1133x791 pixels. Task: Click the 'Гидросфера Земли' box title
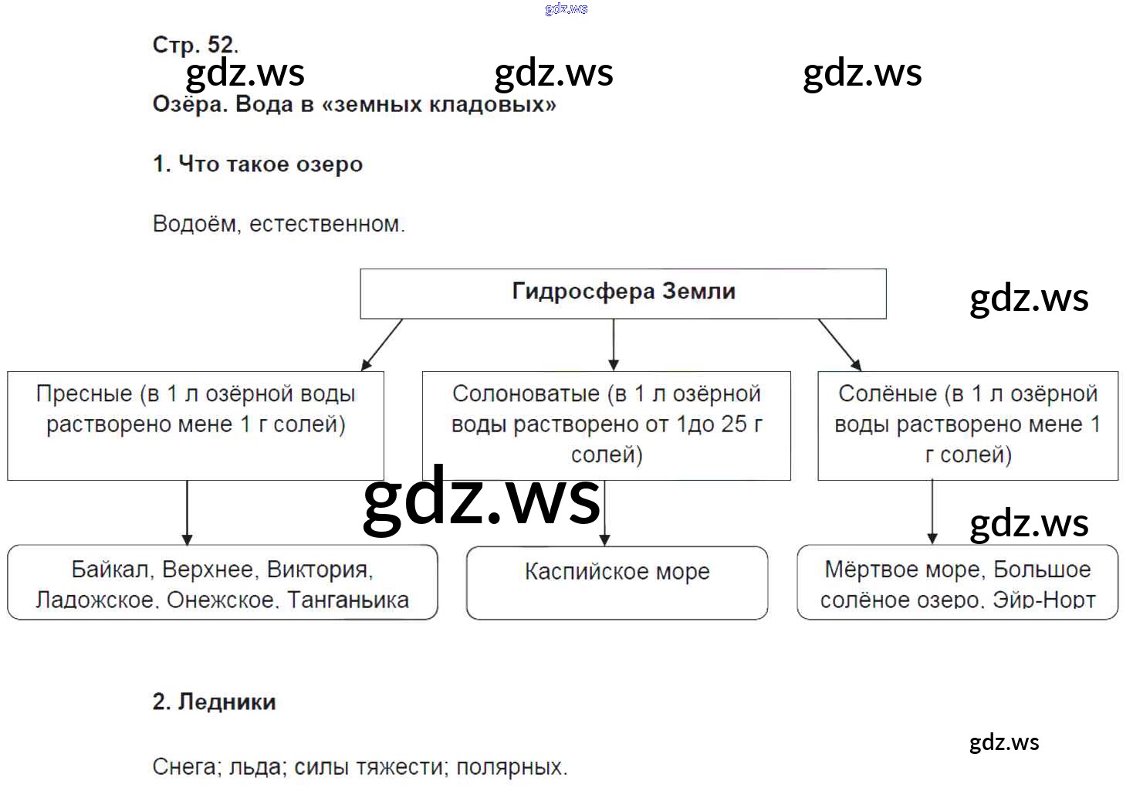pos(623,292)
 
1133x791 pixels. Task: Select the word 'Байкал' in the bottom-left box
pos(110,570)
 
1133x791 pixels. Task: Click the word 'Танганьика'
pos(348,600)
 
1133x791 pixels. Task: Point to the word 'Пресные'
pos(84,394)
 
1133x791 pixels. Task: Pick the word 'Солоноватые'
pos(526,394)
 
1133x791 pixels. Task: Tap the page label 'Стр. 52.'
pos(195,45)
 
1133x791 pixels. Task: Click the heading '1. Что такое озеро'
pos(258,164)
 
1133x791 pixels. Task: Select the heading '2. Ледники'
pos(214,701)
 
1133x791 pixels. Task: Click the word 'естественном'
pos(325,225)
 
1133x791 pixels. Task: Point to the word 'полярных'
pos(510,767)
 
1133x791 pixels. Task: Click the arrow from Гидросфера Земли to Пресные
pos(382,344)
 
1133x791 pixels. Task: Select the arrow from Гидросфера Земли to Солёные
pos(840,344)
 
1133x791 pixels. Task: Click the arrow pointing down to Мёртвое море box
pos(932,511)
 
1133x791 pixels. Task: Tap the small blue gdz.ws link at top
pos(566,8)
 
